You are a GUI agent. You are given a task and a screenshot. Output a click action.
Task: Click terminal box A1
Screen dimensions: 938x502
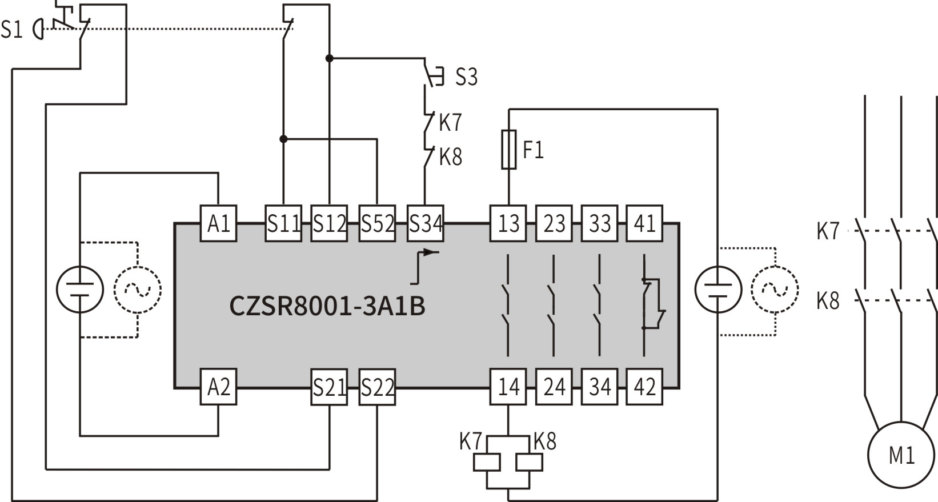pyautogui.click(x=218, y=223)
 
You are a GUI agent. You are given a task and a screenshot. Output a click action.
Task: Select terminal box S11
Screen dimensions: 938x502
pyautogui.click(x=283, y=223)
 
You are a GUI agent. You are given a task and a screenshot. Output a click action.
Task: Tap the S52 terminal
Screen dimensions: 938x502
pyautogui.click(x=377, y=223)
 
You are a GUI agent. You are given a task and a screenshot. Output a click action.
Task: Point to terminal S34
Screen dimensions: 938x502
pyautogui.click(x=426, y=223)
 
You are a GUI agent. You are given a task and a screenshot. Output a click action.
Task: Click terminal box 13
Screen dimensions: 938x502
pyautogui.click(x=508, y=223)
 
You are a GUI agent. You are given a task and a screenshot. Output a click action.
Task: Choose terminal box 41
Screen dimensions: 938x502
pyautogui.click(x=644, y=223)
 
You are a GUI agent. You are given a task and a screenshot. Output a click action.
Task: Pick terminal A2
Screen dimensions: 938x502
pyautogui.click(x=218, y=387)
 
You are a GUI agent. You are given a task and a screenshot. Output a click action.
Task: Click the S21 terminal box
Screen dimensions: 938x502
pyautogui.click(x=329, y=387)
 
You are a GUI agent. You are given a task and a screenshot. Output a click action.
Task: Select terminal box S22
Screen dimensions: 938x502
pyautogui.click(x=377, y=387)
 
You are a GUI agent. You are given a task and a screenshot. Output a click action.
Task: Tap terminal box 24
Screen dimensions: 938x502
pyautogui.click(x=554, y=387)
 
